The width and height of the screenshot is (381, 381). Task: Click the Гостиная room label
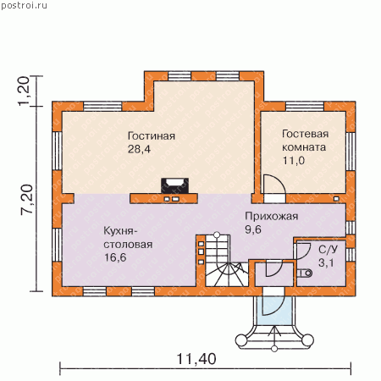click(152, 136)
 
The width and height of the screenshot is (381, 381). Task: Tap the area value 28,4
click(139, 149)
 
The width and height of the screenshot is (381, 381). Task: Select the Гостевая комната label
click(305, 141)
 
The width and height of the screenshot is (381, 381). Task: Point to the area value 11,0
click(294, 160)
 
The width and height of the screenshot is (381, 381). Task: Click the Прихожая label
click(271, 217)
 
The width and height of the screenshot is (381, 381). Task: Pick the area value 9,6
click(253, 229)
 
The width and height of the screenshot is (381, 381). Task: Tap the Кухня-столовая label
click(128, 237)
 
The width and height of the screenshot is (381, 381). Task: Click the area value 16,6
click(115, 257)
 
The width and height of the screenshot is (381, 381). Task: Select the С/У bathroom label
click(328, 250)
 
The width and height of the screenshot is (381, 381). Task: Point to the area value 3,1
click(326, 262)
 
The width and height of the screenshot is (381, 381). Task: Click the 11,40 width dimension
click(196, 359)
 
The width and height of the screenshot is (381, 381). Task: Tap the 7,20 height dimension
click(28, 200)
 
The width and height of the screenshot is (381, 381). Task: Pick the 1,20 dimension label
click(24, 91)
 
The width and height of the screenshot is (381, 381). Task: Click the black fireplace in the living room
click(174, 185)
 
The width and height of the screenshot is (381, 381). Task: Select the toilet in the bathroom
click(305, 273)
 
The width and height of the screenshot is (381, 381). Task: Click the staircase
click(227, 261)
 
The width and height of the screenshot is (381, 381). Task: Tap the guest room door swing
click(274, 184)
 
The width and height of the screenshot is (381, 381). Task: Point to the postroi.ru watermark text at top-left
click(25, 6)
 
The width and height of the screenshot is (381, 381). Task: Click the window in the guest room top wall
click(305, 107)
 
